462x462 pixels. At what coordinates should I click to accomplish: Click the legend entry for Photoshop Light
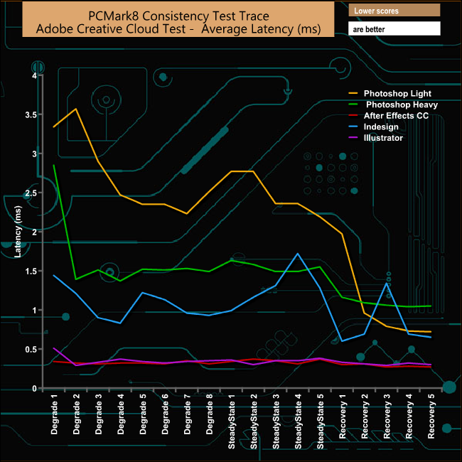point(397,93)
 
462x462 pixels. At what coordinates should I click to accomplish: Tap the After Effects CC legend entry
point(396,115)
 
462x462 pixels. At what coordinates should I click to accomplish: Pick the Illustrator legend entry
point(383,138)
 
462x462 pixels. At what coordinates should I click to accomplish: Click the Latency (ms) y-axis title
point(19,232)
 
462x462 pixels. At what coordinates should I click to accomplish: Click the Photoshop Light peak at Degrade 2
point(76,109)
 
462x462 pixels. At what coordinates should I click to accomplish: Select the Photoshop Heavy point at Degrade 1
point(54,165)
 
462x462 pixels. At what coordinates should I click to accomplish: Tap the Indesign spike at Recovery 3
point(387,284)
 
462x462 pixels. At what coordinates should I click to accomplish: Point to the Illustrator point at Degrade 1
point(54,348)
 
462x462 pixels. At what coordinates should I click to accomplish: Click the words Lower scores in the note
point(377,11)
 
